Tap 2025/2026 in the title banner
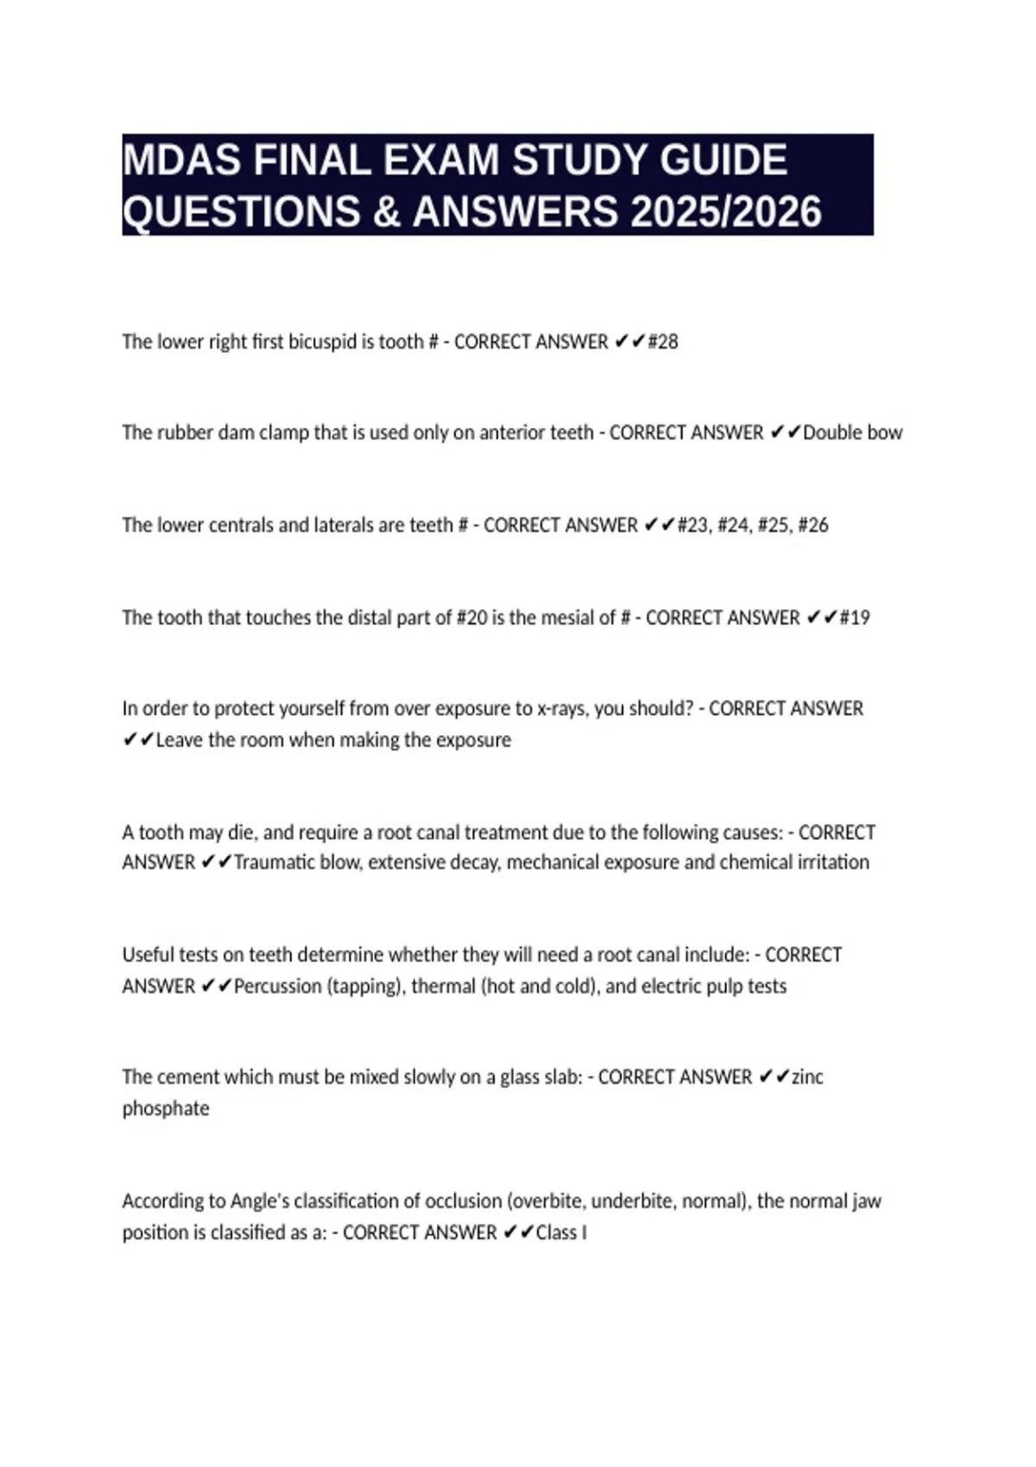click(726, 212)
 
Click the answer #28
click(663, 342)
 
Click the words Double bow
click(852, 432)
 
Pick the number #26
click(813, 525)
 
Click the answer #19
click(855, 618)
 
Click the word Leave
click(180, 740)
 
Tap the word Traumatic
click(276, 862)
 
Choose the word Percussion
click(277, 986)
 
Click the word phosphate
click(166, 1109)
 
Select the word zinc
click(807, 1077)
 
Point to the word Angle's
click(259, 1201)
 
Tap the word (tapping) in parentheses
click(365, 986)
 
